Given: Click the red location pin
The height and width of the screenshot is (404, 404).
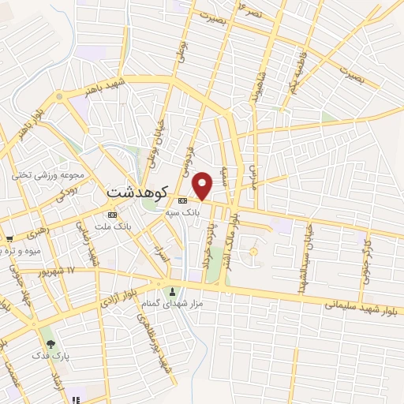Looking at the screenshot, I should point(203,185).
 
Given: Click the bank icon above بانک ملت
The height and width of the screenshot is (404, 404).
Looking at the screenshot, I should point(111,215).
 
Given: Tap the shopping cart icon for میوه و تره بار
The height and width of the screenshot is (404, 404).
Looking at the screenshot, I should point(9,238).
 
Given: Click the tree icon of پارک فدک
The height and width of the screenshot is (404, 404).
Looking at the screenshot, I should point(51,343).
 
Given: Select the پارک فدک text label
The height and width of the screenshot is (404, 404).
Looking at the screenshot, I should point(50,357).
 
